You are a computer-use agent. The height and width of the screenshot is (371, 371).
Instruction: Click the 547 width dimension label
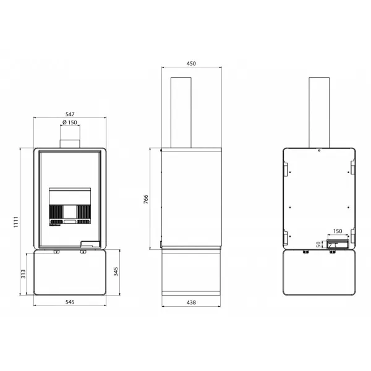[70, 114]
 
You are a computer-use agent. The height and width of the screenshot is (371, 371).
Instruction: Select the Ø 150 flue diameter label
[70, 122]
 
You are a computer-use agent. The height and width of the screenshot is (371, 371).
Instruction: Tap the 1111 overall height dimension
[16, 222]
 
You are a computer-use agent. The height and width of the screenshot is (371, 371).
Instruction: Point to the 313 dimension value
[23, 274]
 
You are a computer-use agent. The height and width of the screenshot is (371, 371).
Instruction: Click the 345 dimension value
[116, 271]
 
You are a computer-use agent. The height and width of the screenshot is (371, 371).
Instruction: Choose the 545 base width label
[70, 302]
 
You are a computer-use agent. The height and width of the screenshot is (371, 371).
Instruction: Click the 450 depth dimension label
[191, 64]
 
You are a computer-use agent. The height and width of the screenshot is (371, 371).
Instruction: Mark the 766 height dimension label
[146, 199]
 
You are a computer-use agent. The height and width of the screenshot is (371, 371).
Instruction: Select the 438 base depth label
[191, 302]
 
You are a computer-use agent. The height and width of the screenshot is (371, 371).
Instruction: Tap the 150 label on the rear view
[338, 231]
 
